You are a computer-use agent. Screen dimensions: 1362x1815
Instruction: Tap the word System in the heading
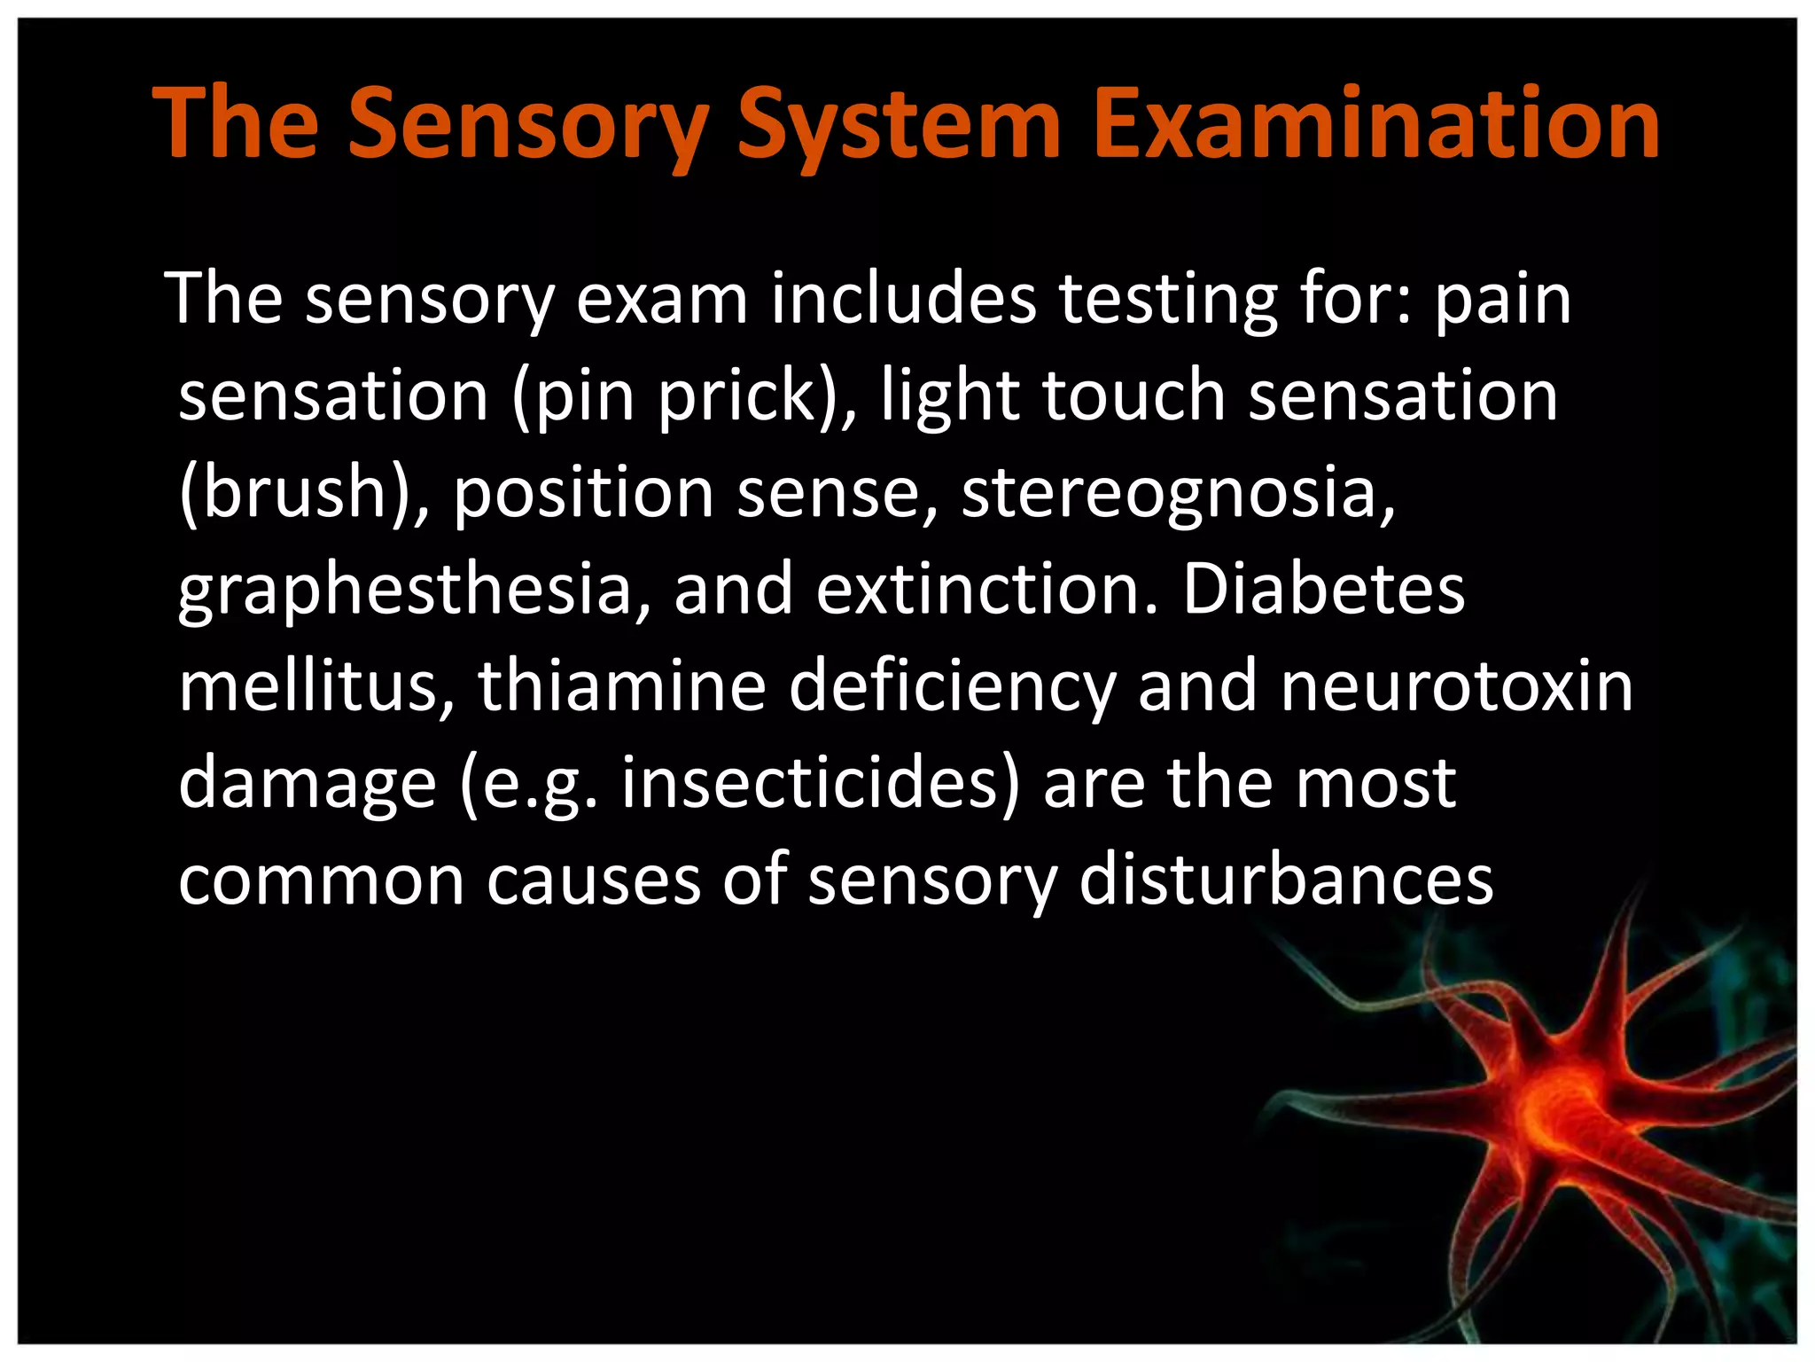(900, 124)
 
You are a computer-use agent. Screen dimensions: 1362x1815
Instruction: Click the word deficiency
(953, 688)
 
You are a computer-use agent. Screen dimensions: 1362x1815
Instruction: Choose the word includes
(903, 300)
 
